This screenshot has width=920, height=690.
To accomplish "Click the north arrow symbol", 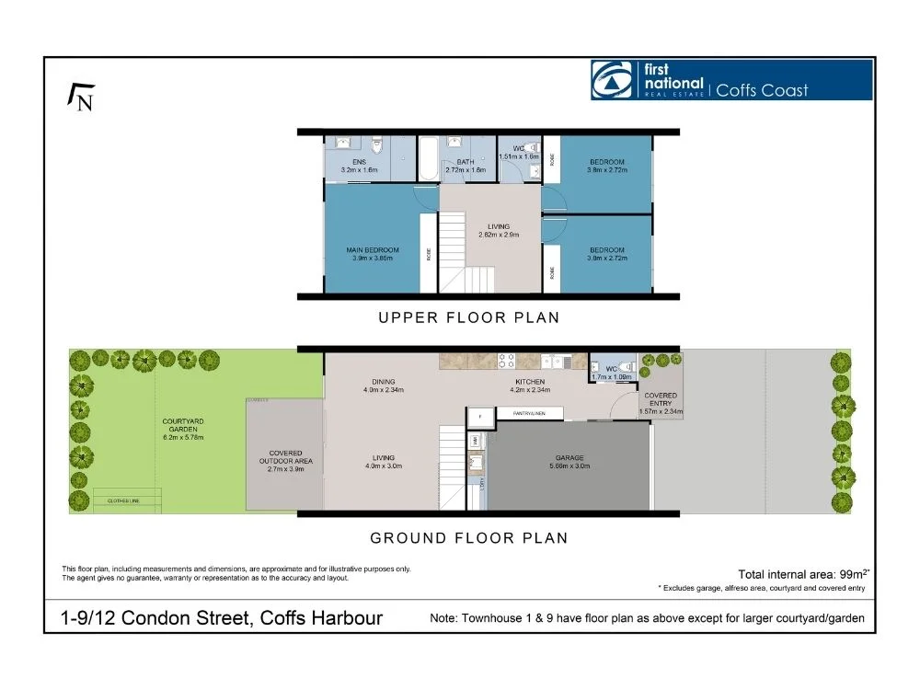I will [x=81, y=96].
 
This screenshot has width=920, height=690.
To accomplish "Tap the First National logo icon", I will [x=612, y=80].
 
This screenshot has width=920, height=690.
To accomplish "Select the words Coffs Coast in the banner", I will [x=762, y=89].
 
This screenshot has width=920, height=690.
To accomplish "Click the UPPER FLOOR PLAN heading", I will [x=468, y=317].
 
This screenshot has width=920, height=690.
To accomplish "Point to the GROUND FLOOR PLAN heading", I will [x=468, y=537].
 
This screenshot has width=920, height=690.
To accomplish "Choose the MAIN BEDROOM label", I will [x=373, y=250].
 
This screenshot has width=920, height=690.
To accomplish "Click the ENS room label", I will [x=346, y=162].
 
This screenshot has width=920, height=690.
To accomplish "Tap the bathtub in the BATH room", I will [x=429, y=159].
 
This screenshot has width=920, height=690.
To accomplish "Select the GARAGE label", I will [x=570, y=458].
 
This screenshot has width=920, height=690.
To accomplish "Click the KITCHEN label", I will [x=530, y=382].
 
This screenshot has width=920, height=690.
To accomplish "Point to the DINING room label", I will [x=384, y=382].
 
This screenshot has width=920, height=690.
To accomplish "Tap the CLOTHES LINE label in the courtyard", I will [x=122, y=500].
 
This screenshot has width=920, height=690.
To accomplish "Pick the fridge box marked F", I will [x=479, y=417].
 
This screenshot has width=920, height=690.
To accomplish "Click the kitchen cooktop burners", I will [x=506, y=361].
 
